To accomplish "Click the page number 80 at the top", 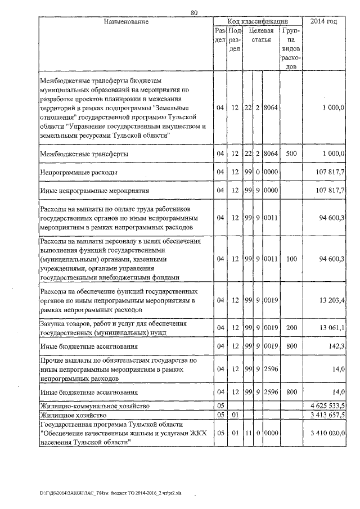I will pos(194,12).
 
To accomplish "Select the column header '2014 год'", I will pos(328,21).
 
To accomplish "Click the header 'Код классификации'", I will pos(258,21).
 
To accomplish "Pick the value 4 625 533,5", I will pos(327,405).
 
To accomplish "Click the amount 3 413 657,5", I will pos(327,415).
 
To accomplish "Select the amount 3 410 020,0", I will pos(327,433).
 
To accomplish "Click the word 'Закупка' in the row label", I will pos(52,325).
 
